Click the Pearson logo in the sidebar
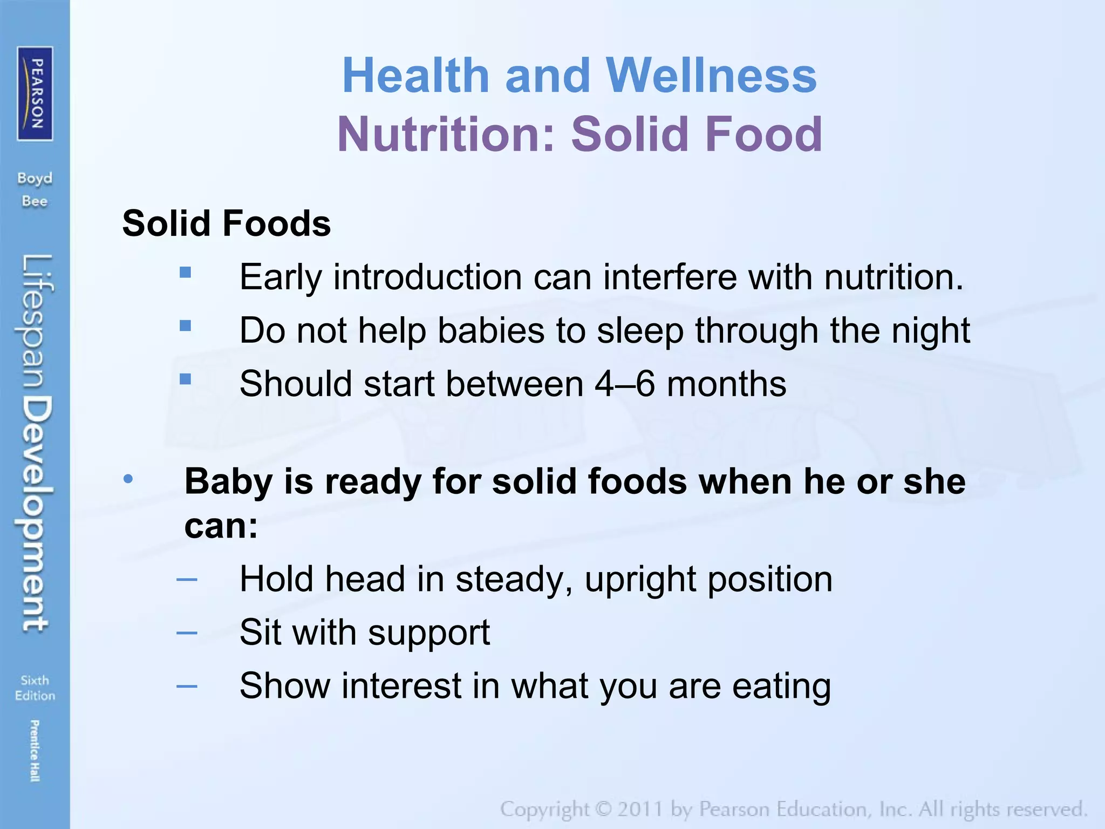point(35,93)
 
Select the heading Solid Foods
point(227,223)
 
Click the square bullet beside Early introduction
point(186,273)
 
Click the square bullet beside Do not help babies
point(186,326)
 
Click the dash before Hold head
point(187,580)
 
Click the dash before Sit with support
point(187,633)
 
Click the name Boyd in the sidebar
point(35,178)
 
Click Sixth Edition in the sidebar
point(35,688)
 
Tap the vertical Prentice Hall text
point(35,750)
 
